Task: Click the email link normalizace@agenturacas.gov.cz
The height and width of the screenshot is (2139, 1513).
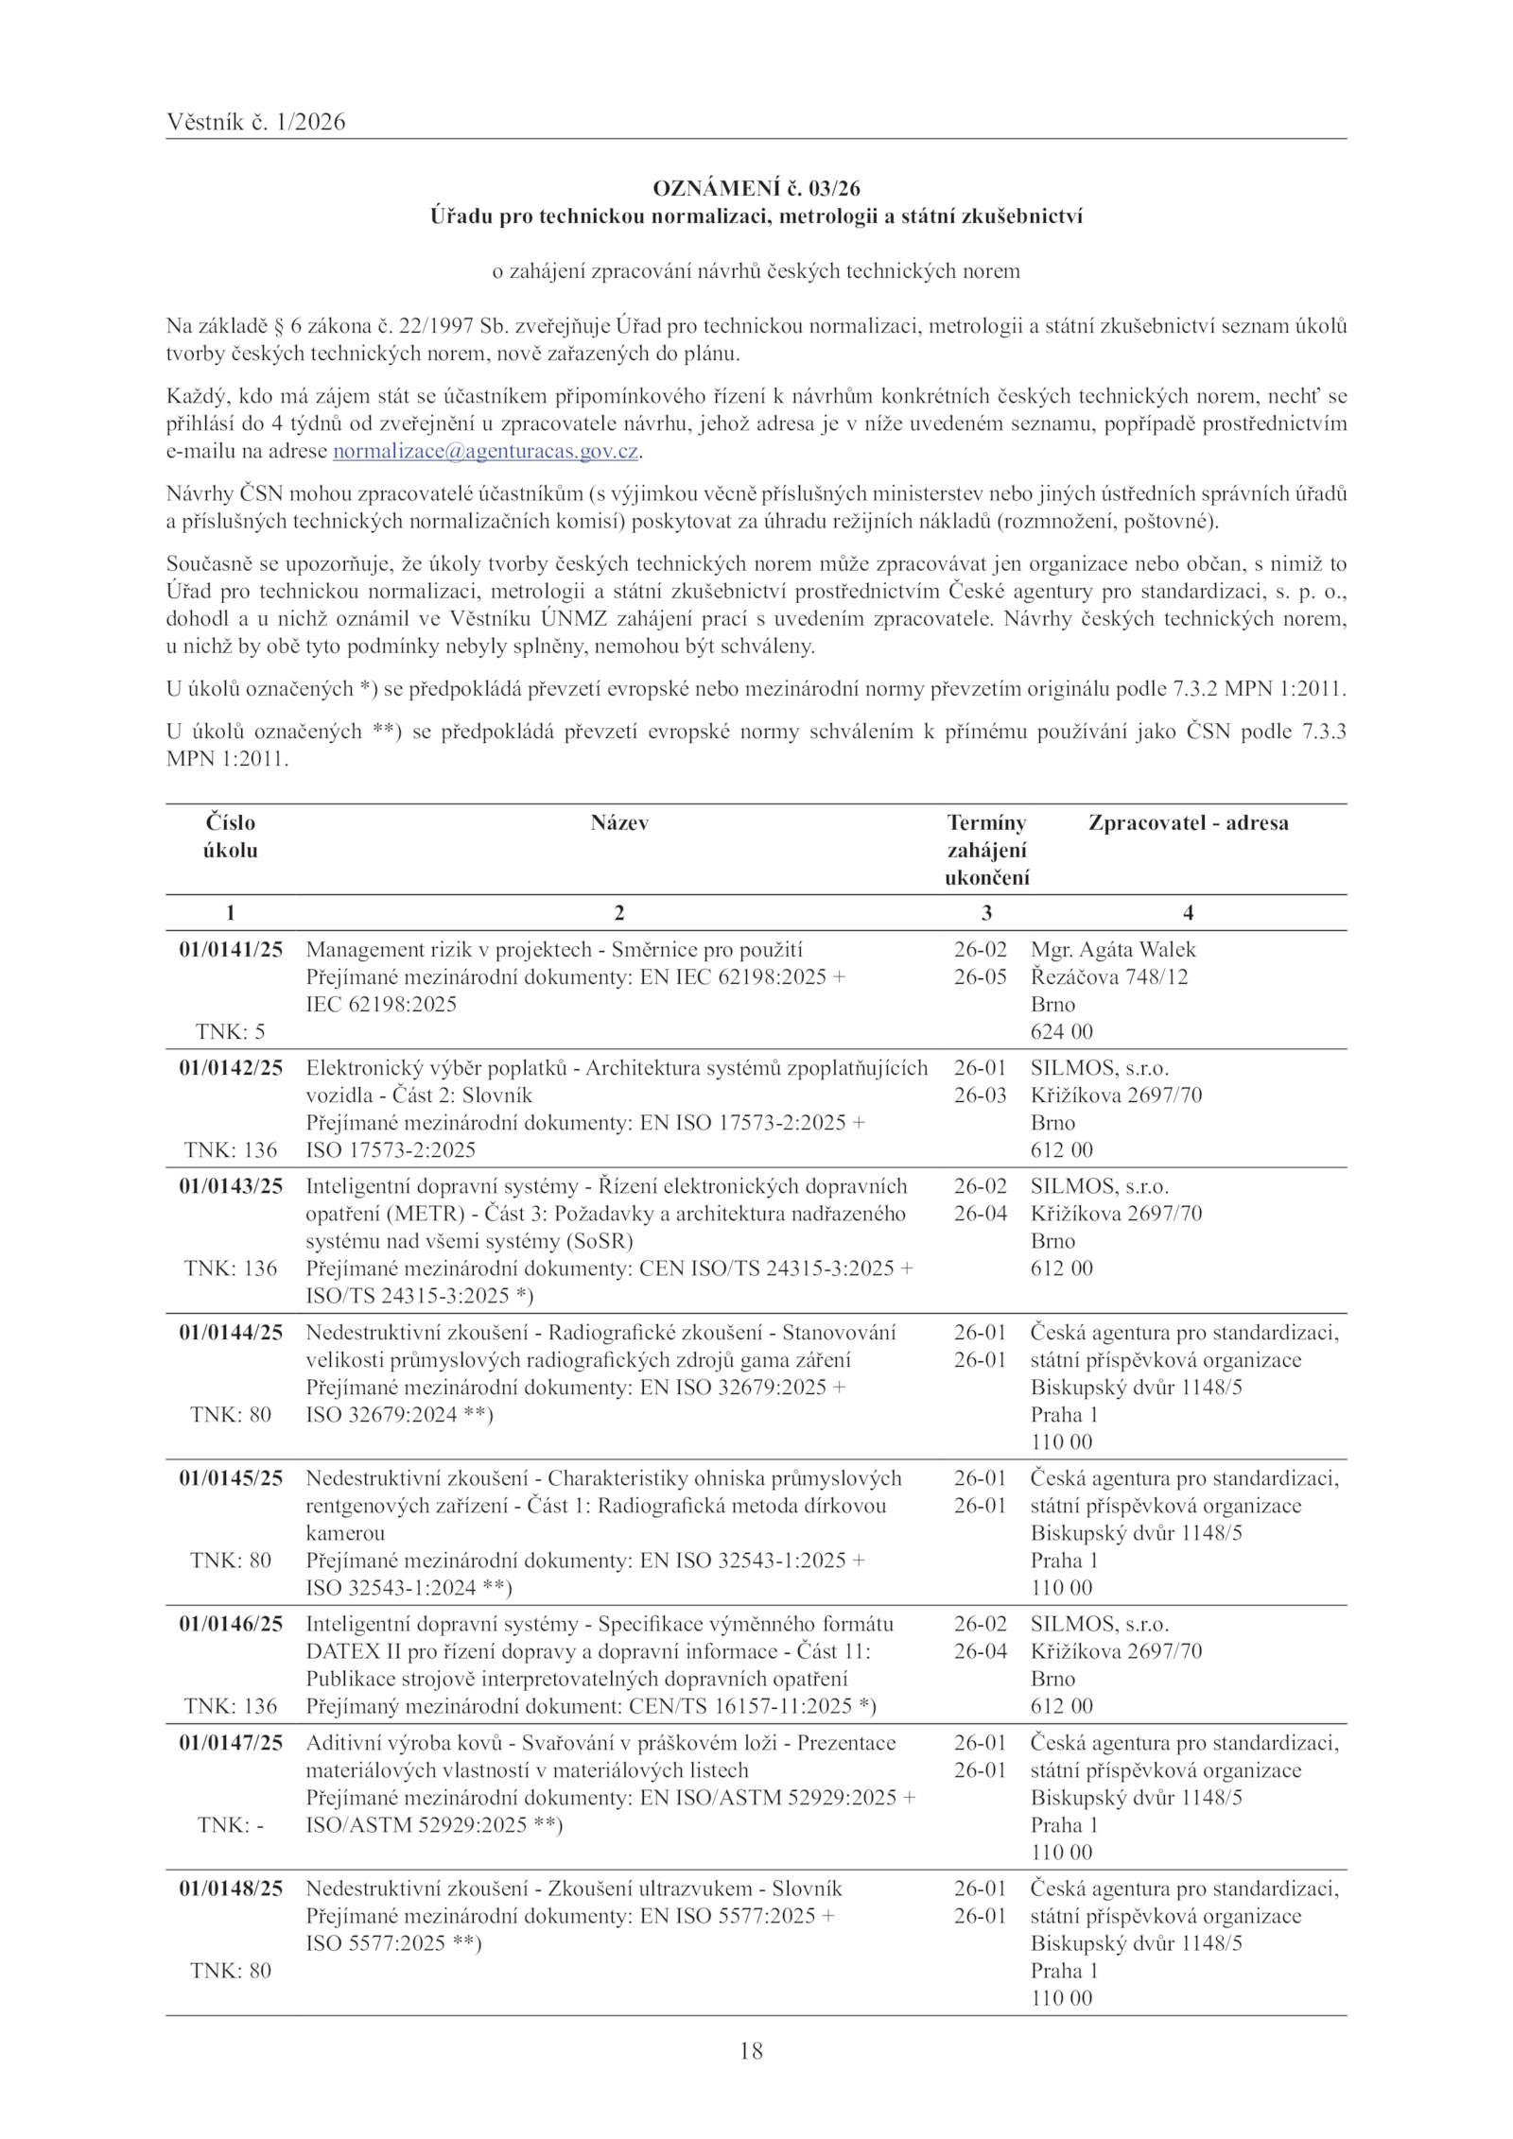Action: point(487,452)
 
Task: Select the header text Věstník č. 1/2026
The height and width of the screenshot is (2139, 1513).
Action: point(255,122)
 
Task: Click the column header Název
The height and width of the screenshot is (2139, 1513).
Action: point(619,822)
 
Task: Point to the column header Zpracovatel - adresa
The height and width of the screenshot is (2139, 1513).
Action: point(1188,822)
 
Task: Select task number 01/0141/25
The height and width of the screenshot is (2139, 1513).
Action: point(231,950)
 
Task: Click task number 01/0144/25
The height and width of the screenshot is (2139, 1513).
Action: point(231,1333)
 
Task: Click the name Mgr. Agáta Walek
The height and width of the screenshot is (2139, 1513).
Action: point(1113,950)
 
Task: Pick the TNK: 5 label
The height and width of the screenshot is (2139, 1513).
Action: point(231,1031)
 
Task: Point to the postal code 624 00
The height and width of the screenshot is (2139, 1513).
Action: point(1061,1031)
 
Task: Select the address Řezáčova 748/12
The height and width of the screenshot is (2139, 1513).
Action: point(1108,977)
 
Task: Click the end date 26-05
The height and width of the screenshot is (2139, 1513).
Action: point(980,977)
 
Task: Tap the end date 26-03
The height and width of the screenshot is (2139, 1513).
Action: point(980,1095)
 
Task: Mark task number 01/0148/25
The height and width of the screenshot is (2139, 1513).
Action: point(231,1889)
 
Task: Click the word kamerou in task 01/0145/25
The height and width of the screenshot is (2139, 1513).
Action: point(345,1533)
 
